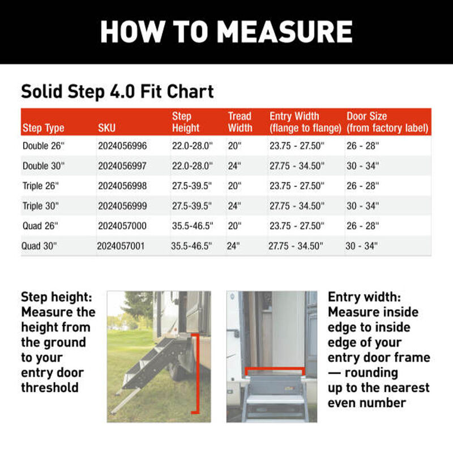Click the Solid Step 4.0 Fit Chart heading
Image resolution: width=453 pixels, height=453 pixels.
[x=117, y=91]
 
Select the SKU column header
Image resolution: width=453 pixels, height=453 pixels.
[x=106, y=129]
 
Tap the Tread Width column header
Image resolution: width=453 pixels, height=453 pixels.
[x=240, y=122]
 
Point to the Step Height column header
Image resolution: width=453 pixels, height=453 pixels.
[x=185, y=122]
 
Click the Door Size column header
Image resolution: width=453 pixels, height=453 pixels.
[x=387, y=122]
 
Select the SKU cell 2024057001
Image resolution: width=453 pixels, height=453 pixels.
[x=121, y=246]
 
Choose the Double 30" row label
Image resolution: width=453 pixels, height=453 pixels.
[x=44, y=166]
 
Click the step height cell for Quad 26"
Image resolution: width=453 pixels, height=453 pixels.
[x=192, y=226]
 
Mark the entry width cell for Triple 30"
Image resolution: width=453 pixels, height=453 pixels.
[x=296, y=206]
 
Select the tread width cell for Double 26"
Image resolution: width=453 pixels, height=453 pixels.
[x=234, y=146]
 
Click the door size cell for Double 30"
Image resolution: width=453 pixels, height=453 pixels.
[x=363, y=166]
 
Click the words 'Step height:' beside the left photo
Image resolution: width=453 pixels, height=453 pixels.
[x=56, y=297]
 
